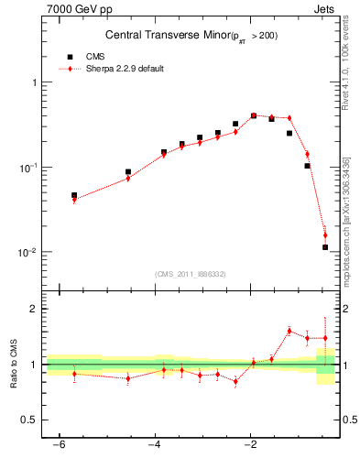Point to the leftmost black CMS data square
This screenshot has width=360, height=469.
coord(74,195)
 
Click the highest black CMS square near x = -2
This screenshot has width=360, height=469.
coord(254,116)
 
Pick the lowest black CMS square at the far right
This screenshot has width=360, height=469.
coord(325,247)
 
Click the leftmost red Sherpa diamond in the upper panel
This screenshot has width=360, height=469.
coord(74,200)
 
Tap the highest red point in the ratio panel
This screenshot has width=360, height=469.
coord(289,331)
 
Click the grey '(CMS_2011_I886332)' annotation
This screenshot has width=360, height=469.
coord(190,275)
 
